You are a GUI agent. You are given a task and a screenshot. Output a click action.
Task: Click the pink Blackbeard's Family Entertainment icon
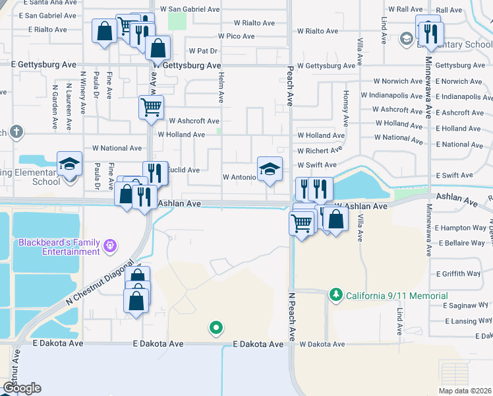pos(110,246)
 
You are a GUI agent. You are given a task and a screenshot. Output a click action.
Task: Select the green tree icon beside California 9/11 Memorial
pos(336,294)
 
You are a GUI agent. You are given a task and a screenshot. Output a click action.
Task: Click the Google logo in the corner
pos(22,388)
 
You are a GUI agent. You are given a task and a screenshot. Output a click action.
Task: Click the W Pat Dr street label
pos(203,50)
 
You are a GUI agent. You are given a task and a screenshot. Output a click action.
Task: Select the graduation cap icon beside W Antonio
pos(270,169)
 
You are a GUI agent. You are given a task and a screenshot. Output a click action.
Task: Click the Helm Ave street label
pos(221,88)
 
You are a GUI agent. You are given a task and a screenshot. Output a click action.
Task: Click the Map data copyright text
pos(464,391)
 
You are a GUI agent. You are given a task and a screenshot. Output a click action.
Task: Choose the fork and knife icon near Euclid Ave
pos(155,173)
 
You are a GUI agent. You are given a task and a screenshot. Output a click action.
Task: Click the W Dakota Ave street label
pos(322,345)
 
